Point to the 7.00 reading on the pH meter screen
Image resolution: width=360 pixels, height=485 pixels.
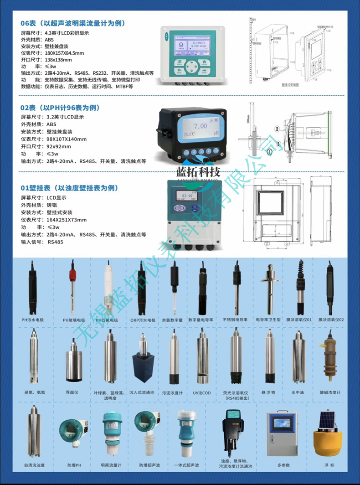[x=200, y=126]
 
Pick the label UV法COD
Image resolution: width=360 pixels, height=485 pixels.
[x=201, y=392]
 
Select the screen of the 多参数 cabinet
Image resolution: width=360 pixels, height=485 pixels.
[x=283, y=423]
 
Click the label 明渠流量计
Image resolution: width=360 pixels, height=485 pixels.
[x=111, y=465]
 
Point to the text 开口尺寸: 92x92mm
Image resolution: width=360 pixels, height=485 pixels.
[x=46, y=146]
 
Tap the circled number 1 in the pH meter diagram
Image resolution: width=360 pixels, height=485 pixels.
[x=269, y=151]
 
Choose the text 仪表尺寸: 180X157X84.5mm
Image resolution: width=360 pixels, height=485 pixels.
[x=52, y=53]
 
